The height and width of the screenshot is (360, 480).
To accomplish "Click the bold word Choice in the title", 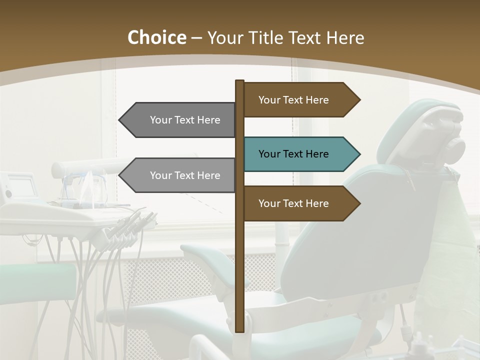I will pos(156,37).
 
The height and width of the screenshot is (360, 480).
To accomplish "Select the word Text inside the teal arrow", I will pos(294,154).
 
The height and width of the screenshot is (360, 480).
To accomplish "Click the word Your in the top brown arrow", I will pos(269,100).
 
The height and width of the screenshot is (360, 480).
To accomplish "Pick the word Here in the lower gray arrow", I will pos(208,175).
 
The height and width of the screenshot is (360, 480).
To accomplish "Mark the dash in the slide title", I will pos(196,38).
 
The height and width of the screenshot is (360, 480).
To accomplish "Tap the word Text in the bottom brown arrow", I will pos(294,203).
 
